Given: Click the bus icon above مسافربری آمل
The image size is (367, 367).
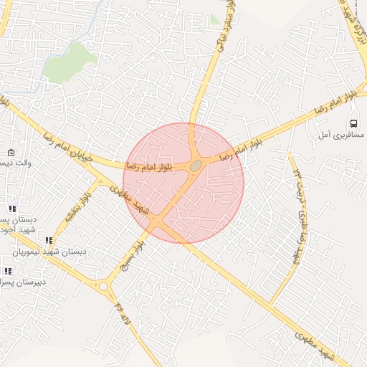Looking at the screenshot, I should [353, 123].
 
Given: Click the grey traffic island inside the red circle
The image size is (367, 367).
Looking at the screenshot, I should [195, 166].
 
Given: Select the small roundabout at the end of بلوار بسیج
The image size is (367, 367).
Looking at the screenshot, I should [104, 287].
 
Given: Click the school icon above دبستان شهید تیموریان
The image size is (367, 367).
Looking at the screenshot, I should [49, 241].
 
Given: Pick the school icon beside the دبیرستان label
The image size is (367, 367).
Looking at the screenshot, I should [8, 271].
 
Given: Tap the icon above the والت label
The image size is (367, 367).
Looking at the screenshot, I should [11, 153].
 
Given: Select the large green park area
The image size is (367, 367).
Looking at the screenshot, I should [70, 61].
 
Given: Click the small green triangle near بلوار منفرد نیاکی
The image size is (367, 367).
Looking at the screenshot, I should [215, 19].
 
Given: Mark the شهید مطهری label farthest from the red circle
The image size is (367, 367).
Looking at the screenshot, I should [315, 344].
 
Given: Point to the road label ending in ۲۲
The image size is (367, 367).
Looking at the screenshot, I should [298, 215].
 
